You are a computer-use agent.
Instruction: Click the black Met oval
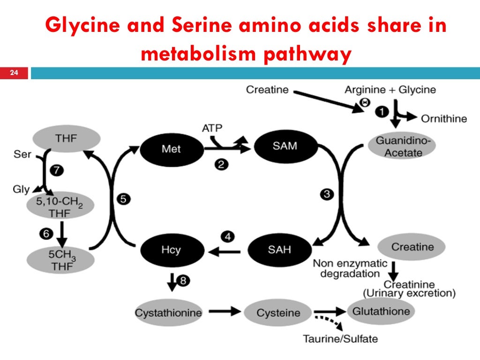click(x=171, y=149)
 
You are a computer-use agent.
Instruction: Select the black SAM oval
click(x=285, y=146)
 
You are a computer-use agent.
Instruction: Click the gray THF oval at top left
click(x=66, y=138)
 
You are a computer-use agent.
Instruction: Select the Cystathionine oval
click(x=168, y=313)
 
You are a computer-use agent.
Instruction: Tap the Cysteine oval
click(x=278, y=313)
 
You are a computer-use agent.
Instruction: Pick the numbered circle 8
click(x=183, y=281)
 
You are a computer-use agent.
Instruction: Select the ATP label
click(x=214, y=127)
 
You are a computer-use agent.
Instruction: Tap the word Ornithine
click(x=443, y=118)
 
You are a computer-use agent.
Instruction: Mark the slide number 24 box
click(x=14, y=73)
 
